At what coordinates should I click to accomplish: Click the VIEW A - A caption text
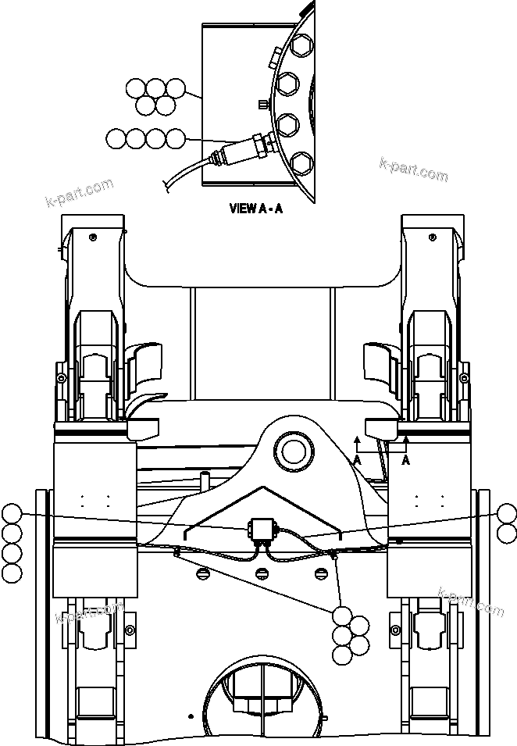tap(255, 209)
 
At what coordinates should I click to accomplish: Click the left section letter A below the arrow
tap(357, 461)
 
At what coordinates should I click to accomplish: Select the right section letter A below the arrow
tap(406, 461)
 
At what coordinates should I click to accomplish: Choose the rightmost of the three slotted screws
tap(319, 574)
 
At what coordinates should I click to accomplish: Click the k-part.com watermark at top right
tap(413, 169)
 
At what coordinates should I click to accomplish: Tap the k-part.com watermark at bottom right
tap(471, 601)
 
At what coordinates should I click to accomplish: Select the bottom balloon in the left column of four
tap(12, 573)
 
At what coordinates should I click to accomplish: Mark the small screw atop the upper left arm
tap(94, 237)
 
